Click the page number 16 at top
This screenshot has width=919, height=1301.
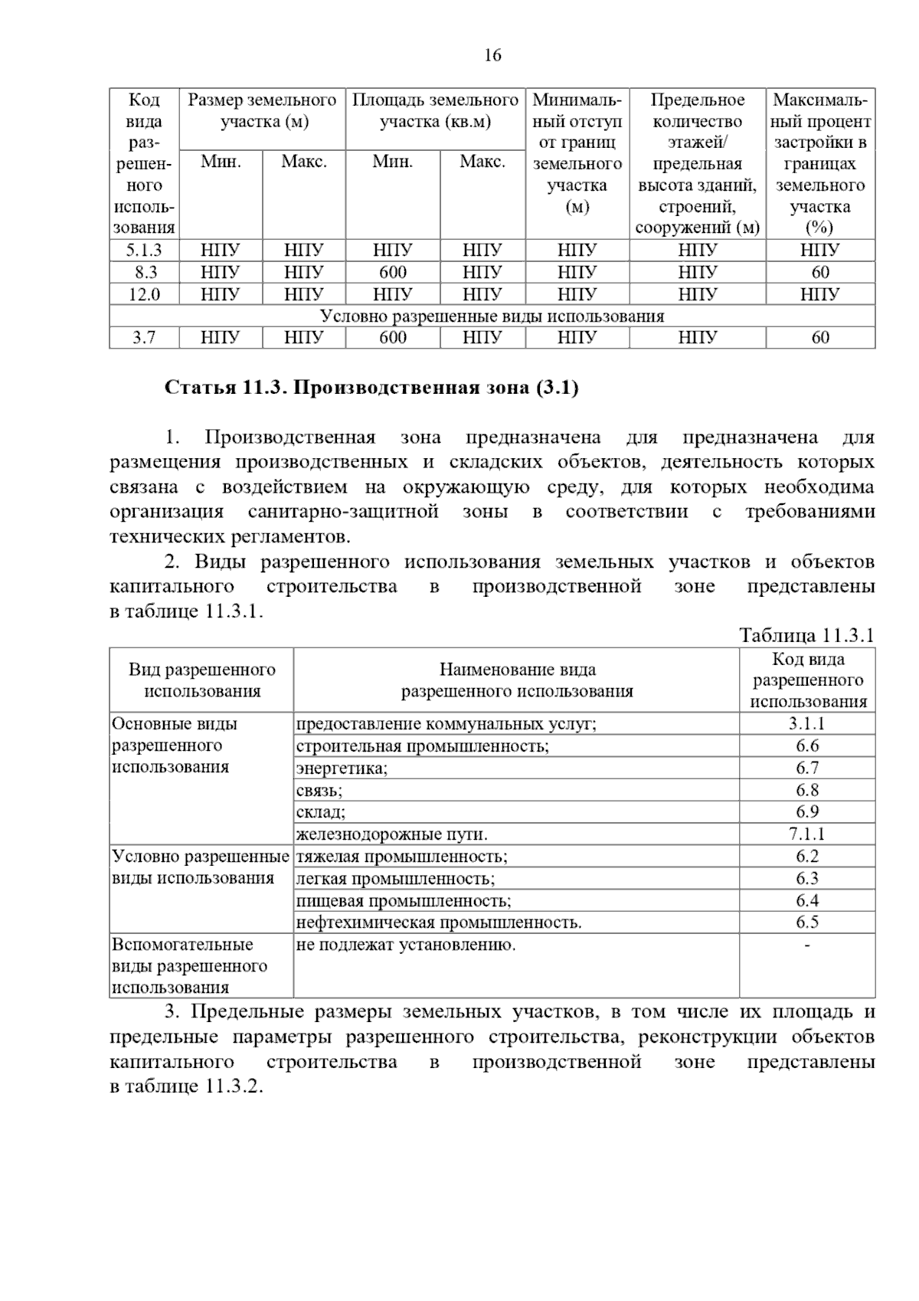(492, 55)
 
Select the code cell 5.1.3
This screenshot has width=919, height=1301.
(144, 250)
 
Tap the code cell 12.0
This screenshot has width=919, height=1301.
(144, 294)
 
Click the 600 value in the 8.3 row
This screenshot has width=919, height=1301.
(393, 272)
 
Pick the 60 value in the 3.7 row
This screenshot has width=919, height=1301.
(820, 338)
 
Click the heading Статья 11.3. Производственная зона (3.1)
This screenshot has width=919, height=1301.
(371, 388)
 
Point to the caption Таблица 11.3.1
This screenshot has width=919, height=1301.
(806, 635)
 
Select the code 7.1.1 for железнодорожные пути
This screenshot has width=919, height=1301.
(807, 834)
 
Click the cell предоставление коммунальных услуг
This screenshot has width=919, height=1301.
(446, 724)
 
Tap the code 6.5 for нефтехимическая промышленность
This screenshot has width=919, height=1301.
(807, 922)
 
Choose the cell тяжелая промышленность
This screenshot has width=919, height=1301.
(402, 857)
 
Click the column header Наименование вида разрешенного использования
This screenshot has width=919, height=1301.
(517, 680)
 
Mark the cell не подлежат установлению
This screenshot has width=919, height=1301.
(406, 945)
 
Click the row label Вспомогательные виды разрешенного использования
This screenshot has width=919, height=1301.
(190, 966)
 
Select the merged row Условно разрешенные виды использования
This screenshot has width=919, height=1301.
(492, 316)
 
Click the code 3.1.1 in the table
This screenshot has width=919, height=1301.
(807, 724)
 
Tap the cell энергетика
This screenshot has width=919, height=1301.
(342, 768)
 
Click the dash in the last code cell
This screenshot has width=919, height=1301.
(807, 945)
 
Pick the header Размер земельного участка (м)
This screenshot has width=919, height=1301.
(263, 111)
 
